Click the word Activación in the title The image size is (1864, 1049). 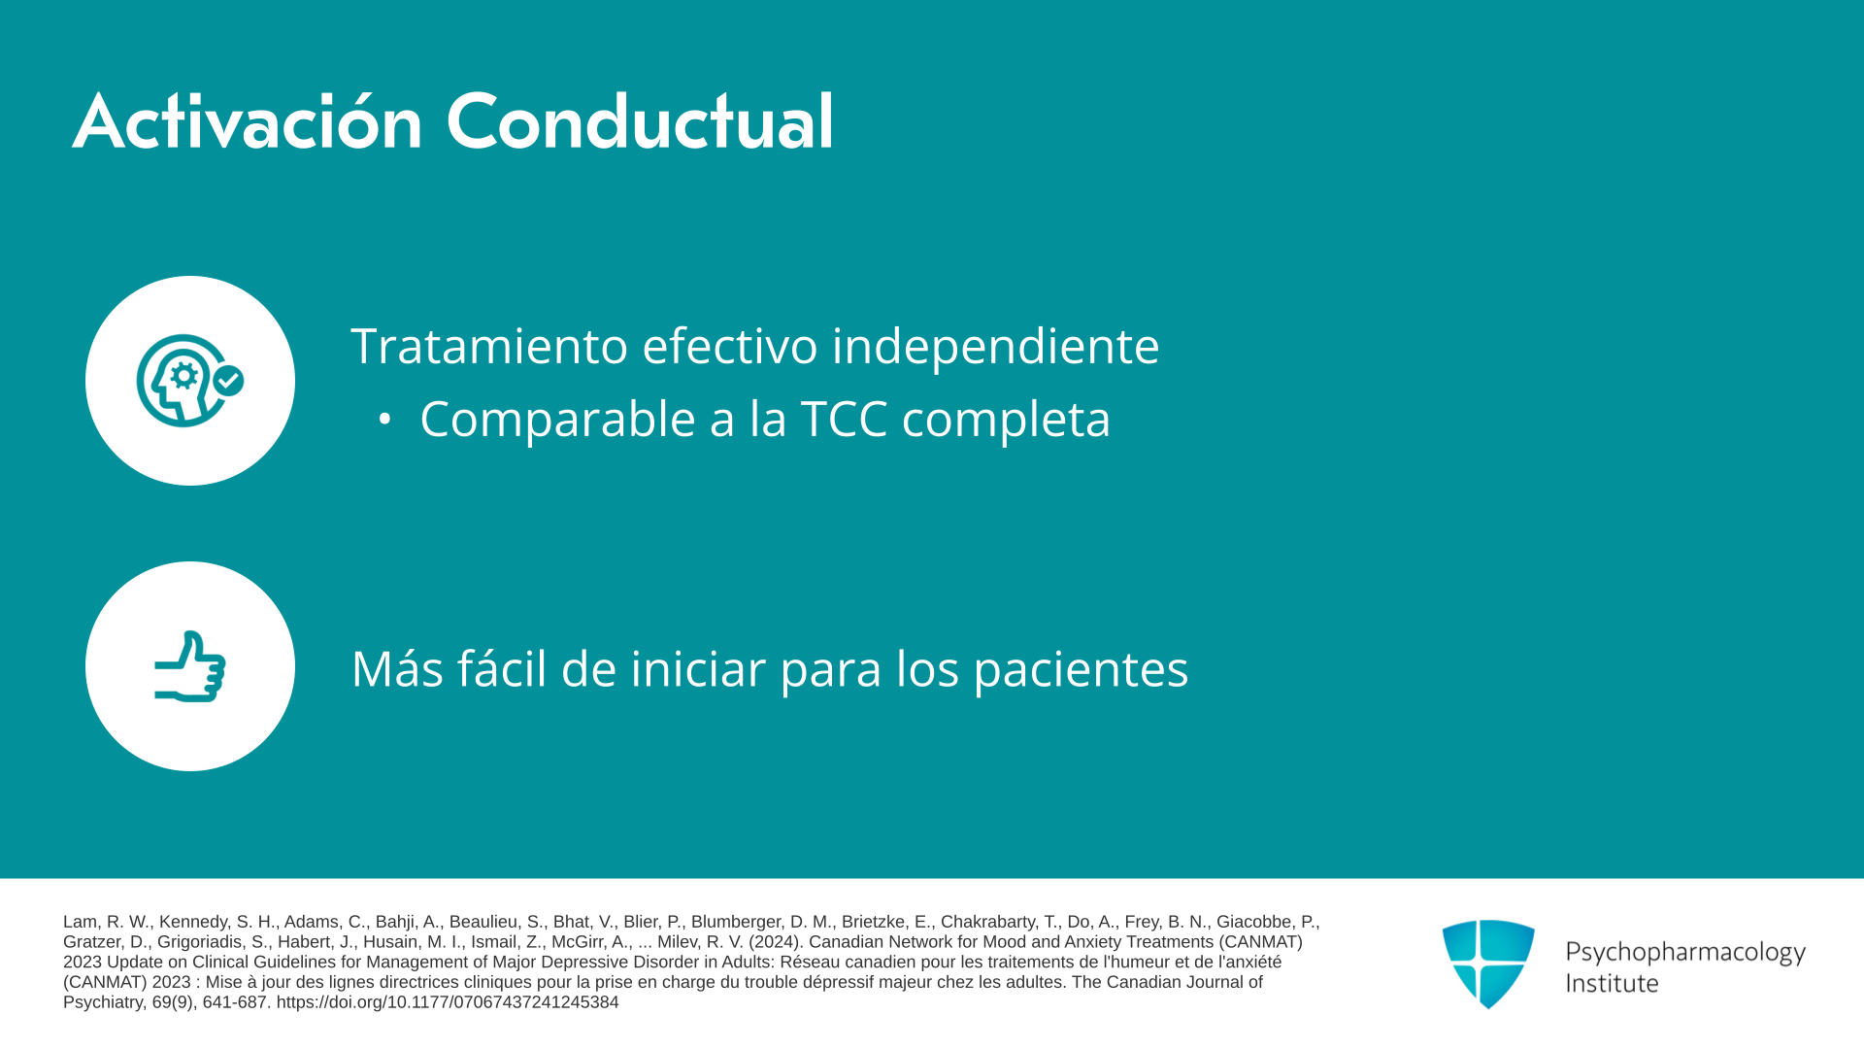248,121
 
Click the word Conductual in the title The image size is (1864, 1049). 640,121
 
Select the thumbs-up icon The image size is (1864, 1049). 190,666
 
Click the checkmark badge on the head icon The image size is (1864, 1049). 228,381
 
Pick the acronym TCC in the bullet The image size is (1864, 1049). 844,419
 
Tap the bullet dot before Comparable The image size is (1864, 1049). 384,419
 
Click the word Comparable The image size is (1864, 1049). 557,419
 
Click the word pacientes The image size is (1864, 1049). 1081,669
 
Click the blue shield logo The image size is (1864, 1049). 1488,964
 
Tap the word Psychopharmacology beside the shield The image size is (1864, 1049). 1685,952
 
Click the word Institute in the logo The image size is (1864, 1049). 1612,983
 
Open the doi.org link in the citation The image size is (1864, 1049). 448,1002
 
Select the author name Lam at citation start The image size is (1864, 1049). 80,922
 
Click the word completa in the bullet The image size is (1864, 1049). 1006,419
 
